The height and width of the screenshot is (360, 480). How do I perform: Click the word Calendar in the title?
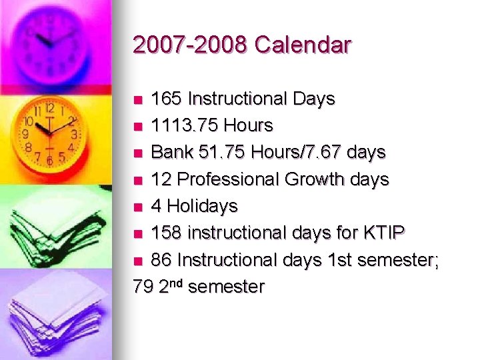click(303, 45)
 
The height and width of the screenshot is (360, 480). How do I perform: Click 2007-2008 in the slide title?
click(190, 45)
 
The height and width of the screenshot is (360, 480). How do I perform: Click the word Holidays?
click(203, 206)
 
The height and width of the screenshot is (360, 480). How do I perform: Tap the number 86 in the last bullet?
click(160, 260)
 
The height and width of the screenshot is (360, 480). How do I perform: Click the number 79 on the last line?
click(143, 287)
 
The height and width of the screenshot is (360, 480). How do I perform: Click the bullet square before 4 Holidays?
click(138, 207)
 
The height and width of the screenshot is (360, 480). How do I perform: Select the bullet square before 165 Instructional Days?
click(138, 100)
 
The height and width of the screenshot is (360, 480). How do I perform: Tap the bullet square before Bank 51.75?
click(138, 153)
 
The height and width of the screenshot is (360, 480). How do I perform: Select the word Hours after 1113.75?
click(249, 125)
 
